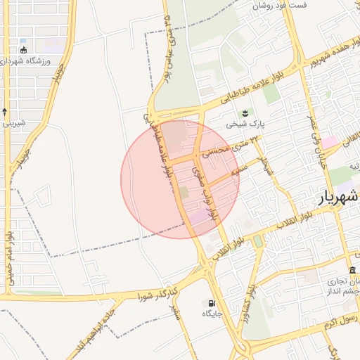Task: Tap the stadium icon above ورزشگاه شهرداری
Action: pos(24,50)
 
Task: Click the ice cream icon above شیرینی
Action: pos(5,112)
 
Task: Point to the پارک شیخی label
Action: pos(245,124)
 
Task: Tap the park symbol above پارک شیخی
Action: pos(245,112)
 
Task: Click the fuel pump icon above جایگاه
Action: pos(210,303)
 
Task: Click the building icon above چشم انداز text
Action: pos(352,271)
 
